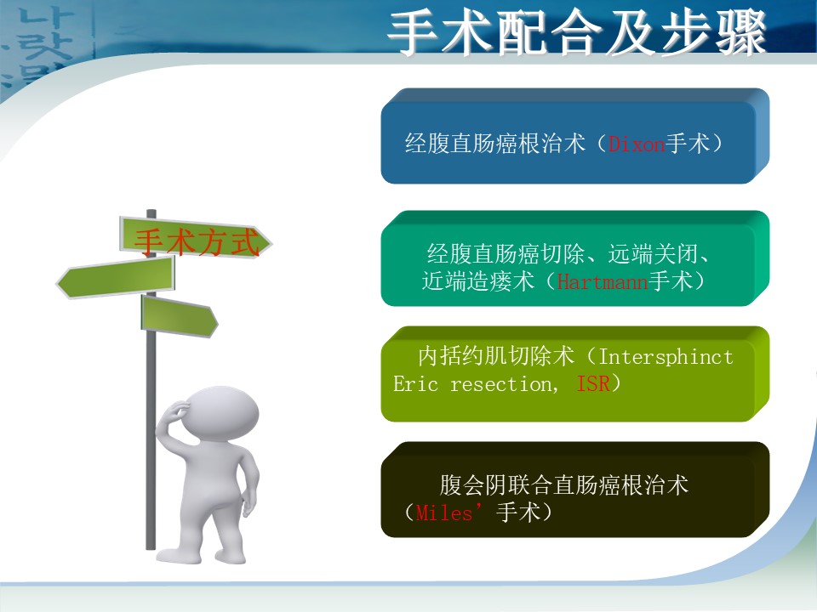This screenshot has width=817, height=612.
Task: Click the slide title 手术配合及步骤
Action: (x=577, y=32)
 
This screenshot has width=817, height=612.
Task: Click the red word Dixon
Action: (x=637, y=144)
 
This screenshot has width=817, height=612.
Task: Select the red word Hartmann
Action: (x=603, y=281)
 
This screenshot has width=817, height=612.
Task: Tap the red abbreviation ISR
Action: (x=593, y=383)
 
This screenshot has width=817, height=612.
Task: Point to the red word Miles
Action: (x=444, y=513)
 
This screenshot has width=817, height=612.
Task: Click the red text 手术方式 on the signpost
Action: (x=197, y=242)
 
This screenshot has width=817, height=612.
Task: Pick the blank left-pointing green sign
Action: (x=116, y=278)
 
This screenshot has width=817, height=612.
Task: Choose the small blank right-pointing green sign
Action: (x=180, y=316)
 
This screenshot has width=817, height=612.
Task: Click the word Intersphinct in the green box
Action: (x=666, y=357)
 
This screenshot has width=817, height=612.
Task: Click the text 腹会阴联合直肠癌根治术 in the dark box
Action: (x=563, y=485)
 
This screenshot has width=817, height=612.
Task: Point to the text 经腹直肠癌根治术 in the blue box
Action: (x=495, y=143)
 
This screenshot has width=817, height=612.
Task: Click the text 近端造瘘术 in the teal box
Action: (x=477, y=281)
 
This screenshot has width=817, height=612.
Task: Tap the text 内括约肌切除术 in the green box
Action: (x=496, y=356)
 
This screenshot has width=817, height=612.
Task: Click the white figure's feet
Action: (x=201, y=556)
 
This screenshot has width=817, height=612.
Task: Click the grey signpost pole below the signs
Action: (x=151, y=442)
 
